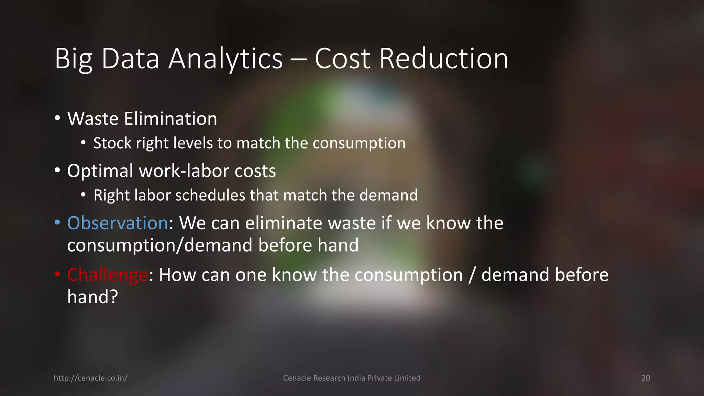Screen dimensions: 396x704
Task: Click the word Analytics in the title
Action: [x=225, y=59]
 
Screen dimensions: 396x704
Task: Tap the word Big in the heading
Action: [x=74, y=59]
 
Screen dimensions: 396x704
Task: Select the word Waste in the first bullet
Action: [x=93, y=119]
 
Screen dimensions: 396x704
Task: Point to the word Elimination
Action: [x=170, y=119]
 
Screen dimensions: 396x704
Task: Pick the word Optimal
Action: [x=100, y=171]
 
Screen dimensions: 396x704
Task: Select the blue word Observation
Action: [x=118, y=223]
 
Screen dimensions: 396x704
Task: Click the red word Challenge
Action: [x=108, y=275]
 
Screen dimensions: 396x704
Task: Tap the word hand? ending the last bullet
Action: [x=92, y=297]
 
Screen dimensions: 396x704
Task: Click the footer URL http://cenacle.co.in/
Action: [x=90, y=378]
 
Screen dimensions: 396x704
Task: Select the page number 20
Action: [x=646, y=378]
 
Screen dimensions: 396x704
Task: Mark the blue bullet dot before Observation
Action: [x=57, y=223]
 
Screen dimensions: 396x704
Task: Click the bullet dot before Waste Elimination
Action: [x=57, y=118]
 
